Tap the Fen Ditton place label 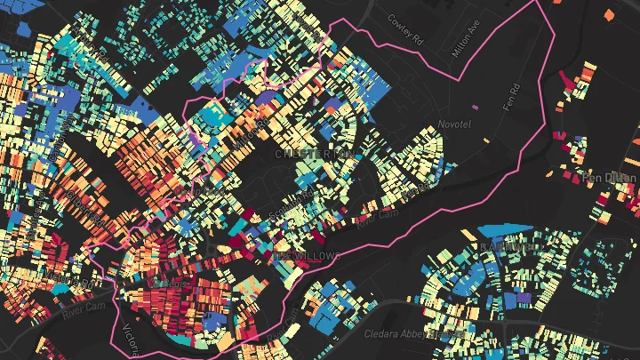[x=610, y=178]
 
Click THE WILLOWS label [x=306, y=256]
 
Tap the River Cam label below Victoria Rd [x=84, y=309]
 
